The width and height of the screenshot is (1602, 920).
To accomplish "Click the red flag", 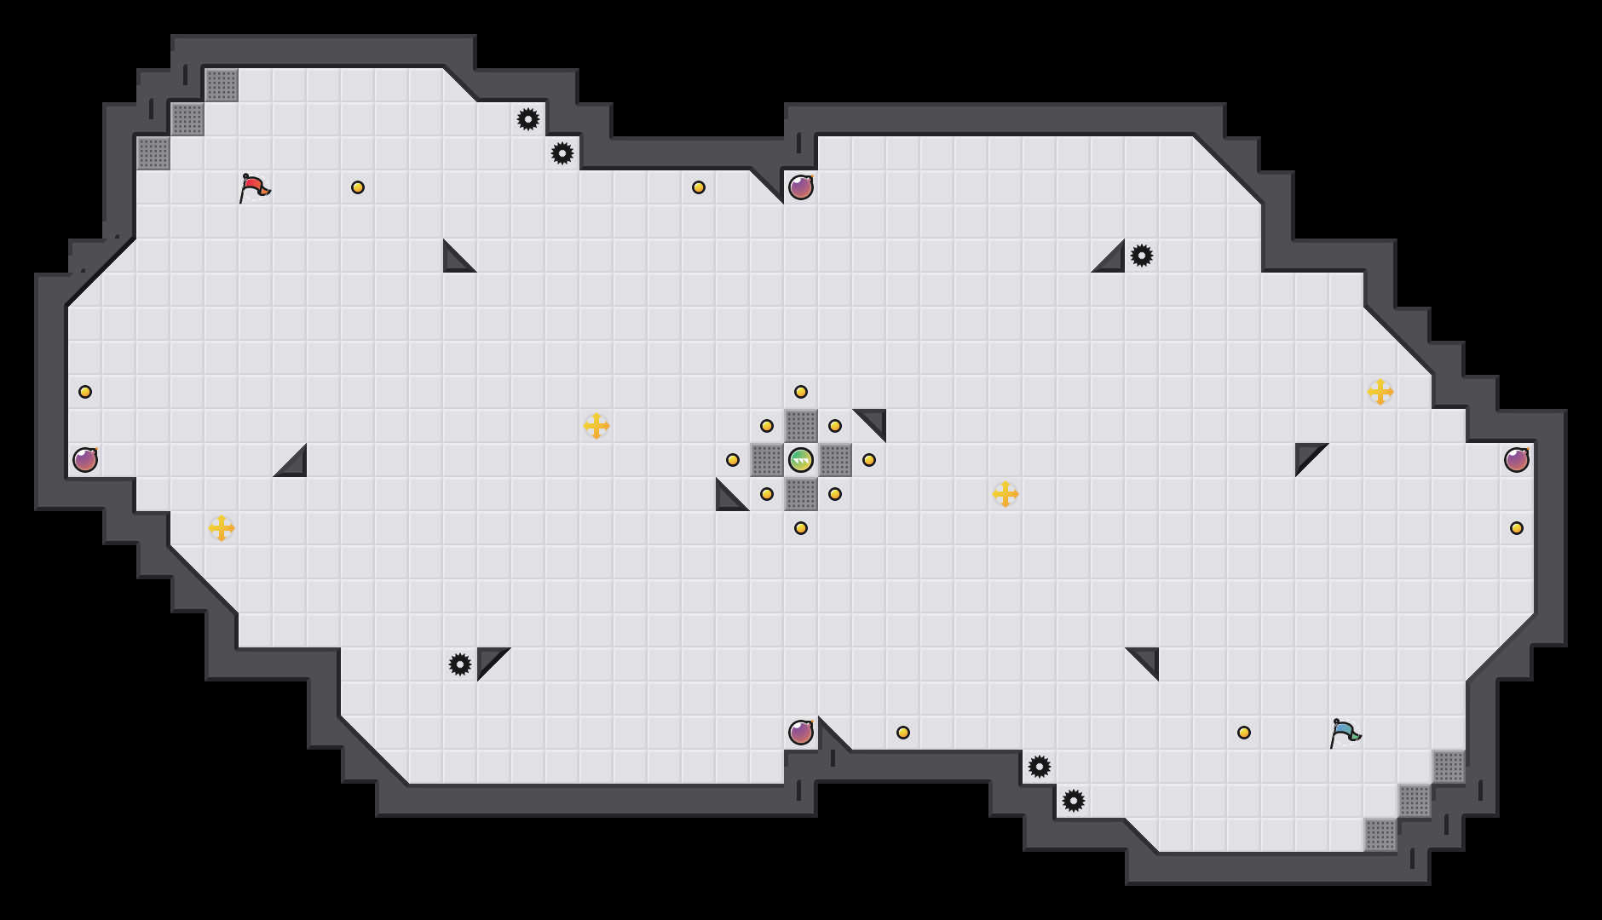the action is coord(253,187).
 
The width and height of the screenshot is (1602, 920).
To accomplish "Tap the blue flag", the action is coord(1344,732).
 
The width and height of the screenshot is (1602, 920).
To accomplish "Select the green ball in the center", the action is coord(801,460).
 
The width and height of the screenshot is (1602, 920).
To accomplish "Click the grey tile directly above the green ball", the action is coord(801,426).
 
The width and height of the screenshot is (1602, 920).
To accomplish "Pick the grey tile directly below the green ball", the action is coord(801,494).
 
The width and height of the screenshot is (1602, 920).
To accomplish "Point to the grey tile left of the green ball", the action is coord(767,460).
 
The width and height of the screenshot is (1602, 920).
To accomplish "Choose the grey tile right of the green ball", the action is coord(835,460).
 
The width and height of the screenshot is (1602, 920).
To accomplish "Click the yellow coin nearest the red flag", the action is coord(358,187).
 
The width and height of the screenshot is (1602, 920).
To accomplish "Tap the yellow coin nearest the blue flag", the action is coord(1244,733).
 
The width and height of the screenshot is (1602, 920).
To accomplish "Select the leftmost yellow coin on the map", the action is coord(85,392).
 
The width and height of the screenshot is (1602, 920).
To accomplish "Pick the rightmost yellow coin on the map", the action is coord(1517,528).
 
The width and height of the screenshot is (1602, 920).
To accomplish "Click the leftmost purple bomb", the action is coord(85,460).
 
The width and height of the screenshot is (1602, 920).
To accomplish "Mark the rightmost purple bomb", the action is coord(1517,460).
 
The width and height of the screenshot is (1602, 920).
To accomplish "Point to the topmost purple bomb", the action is coord(801,187).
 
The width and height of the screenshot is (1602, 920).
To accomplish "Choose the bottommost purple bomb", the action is coord(801,733).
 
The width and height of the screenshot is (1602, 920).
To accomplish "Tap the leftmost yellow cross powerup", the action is coord(222,528).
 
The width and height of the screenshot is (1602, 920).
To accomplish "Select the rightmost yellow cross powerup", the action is coord(1380,392).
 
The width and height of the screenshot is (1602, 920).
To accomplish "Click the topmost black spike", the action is coord(528,119).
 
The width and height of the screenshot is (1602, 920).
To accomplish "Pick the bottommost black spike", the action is coord(1074,801).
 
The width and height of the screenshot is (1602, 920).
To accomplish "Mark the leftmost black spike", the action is coord(460,664).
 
